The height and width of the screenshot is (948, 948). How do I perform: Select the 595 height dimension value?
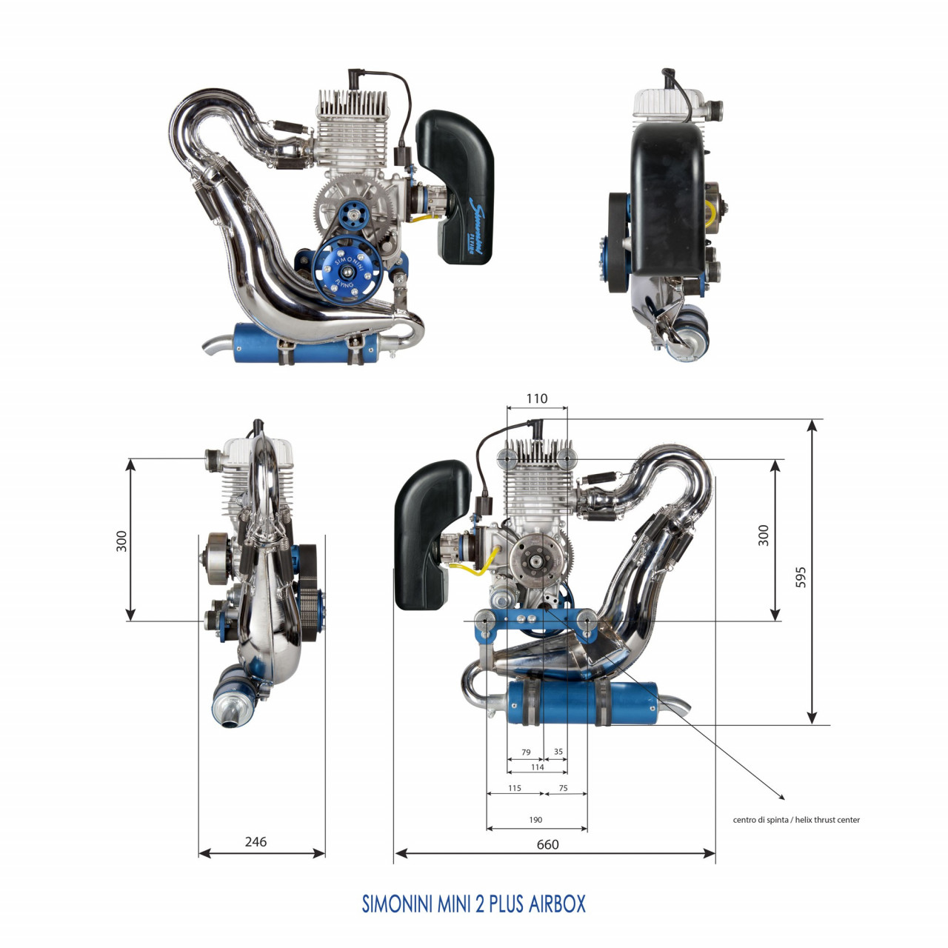801,578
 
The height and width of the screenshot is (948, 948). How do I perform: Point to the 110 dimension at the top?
536,398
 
